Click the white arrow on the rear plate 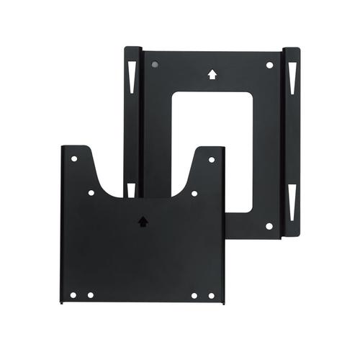212,73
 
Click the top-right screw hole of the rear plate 269,65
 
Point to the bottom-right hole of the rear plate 269,225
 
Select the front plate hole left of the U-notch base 91,193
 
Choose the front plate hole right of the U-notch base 194,193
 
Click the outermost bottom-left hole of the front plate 73,295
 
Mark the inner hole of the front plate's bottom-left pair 90,295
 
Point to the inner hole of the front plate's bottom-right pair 194,295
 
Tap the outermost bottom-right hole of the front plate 212,295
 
